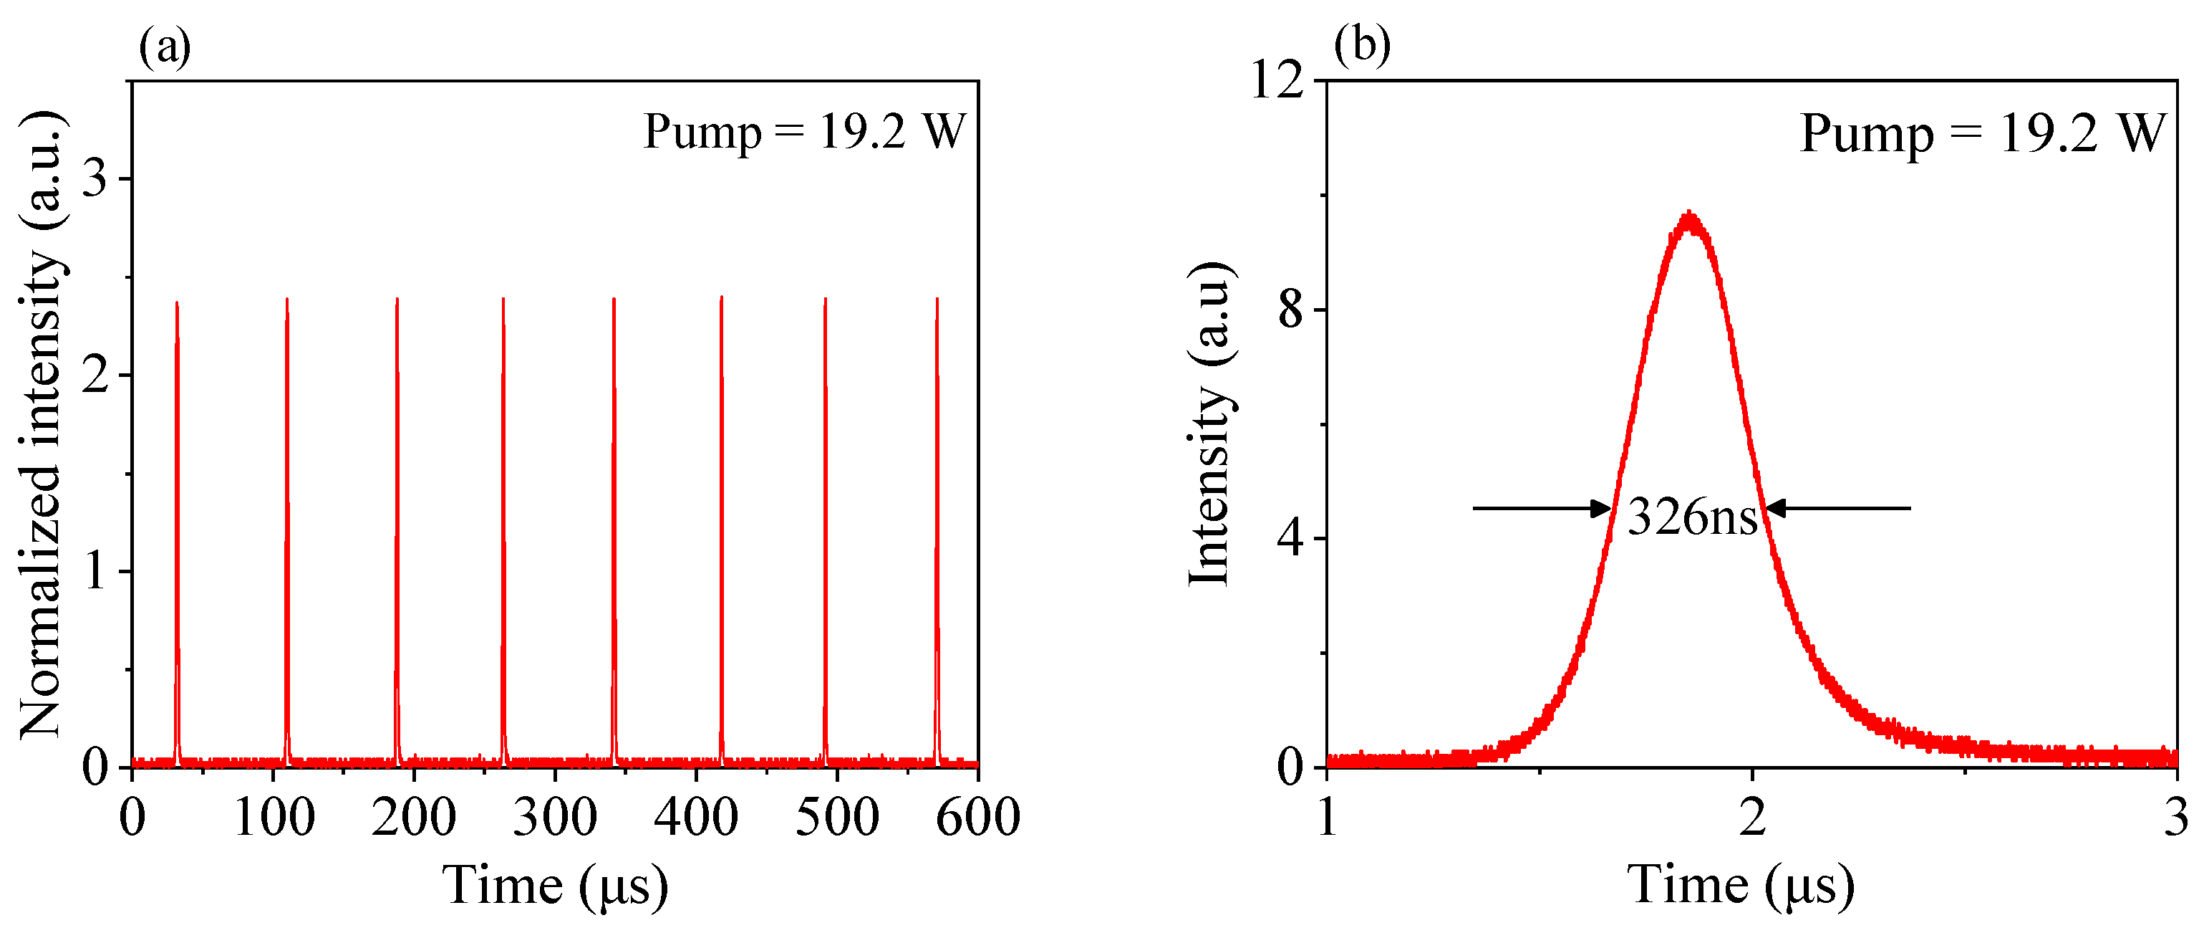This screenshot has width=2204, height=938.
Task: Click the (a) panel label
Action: click(x=164, y=47)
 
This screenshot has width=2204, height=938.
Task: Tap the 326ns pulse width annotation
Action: click(x=1691, y=516)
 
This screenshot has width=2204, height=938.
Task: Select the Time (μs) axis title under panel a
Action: click(x=554, y=886)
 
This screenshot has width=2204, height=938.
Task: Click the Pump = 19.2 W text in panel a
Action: click(x=804, y=132)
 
